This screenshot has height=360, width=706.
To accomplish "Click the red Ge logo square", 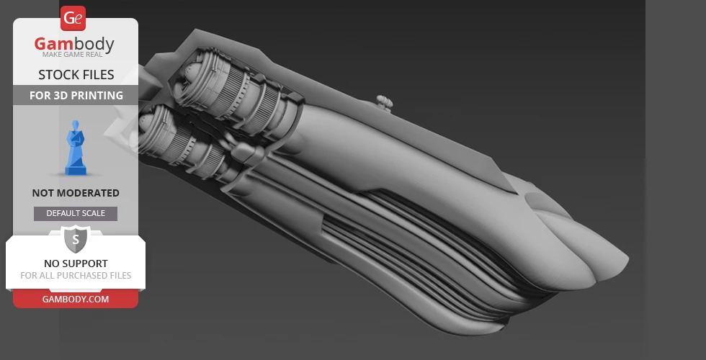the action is tap(73, 19).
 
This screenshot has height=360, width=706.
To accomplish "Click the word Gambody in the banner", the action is tap(74, 44).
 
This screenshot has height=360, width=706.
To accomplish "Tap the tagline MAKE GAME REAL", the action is tap(73, 55).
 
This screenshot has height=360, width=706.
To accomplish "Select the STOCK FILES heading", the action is tap(76, 75).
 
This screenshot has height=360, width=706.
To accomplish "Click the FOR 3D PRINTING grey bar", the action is tap(76, 95).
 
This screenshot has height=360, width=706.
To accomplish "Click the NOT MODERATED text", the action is tap(76, 193).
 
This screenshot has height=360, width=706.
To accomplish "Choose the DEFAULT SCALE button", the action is tap(76, 214).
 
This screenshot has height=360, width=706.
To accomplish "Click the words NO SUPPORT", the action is tap(76, 264).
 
